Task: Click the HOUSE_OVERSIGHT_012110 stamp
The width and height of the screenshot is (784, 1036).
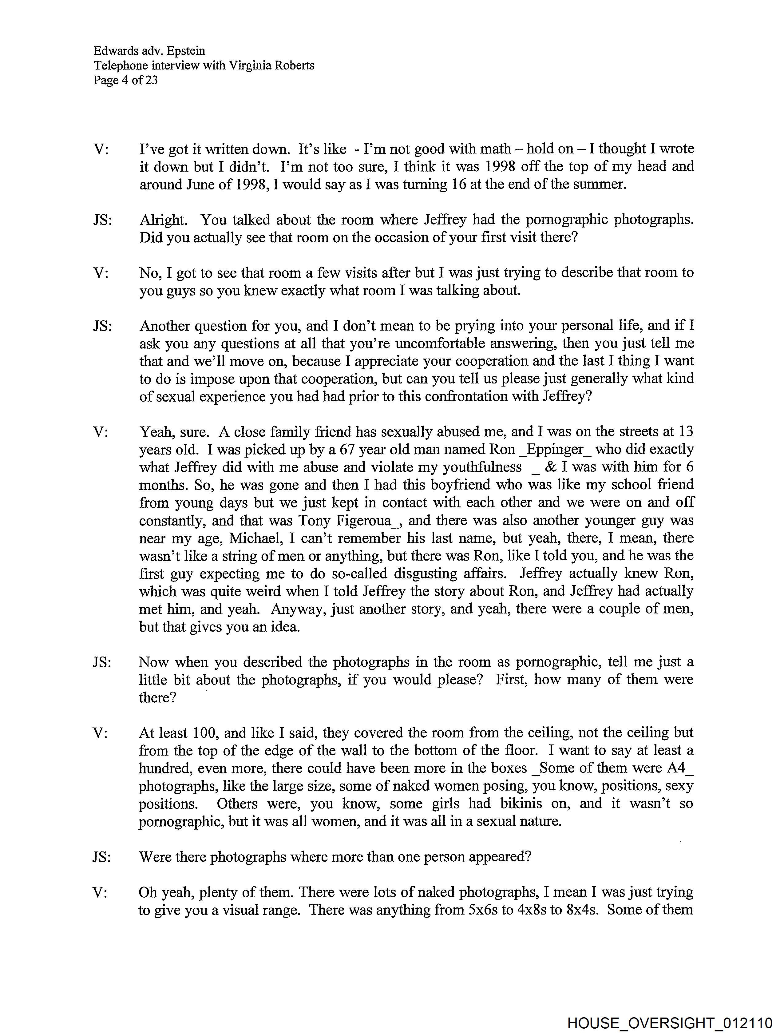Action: point(669,1023)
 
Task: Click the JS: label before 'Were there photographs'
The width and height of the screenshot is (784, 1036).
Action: point(102,857)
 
